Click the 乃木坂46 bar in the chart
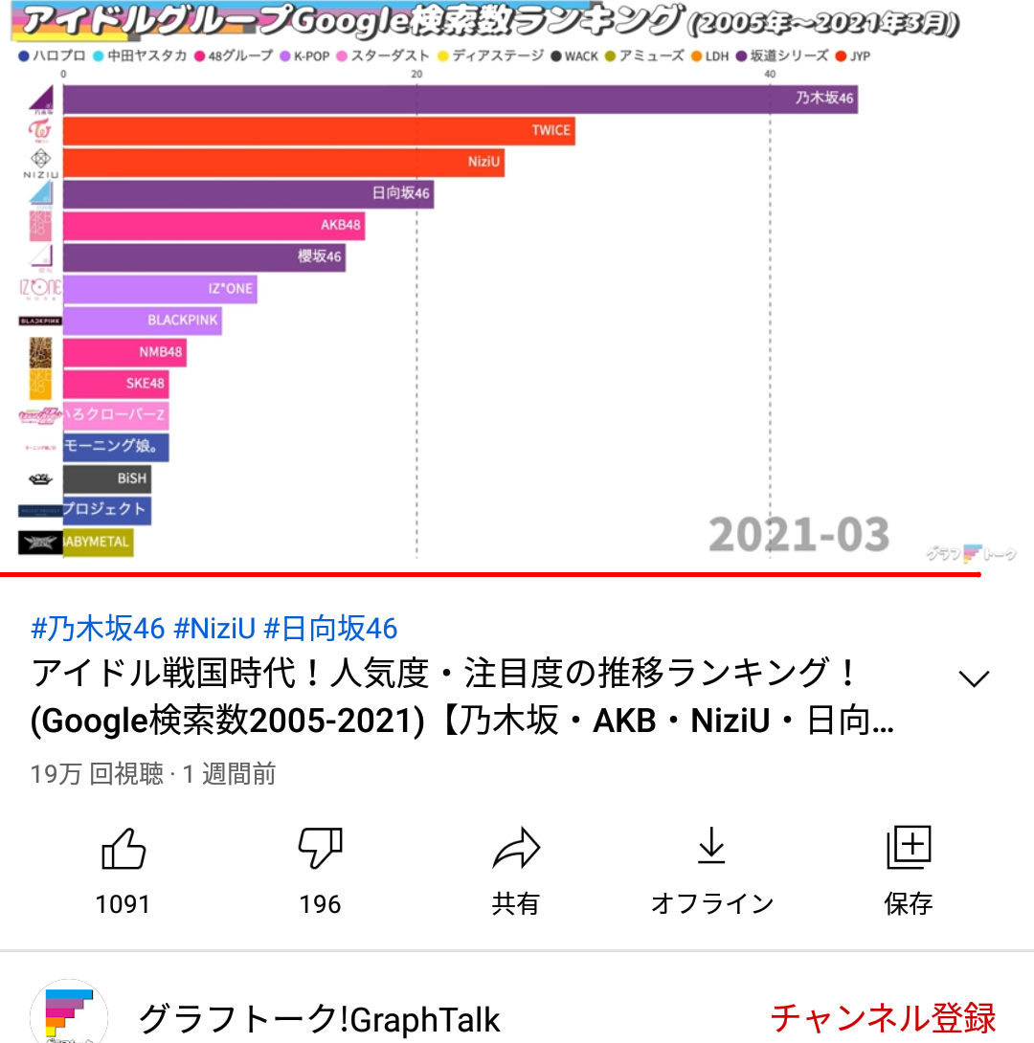[460, 99]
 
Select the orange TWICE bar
[319, 130]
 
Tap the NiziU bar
[283, 162]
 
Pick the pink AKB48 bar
[214, 226]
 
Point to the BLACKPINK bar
[142, 320]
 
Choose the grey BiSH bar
[106, 477]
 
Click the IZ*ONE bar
[160, 288]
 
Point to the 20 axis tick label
[416, 75]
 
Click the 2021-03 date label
[798, 535]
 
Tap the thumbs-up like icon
[124, 849]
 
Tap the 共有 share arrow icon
[516, 849]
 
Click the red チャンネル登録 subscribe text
[883, 1018]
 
